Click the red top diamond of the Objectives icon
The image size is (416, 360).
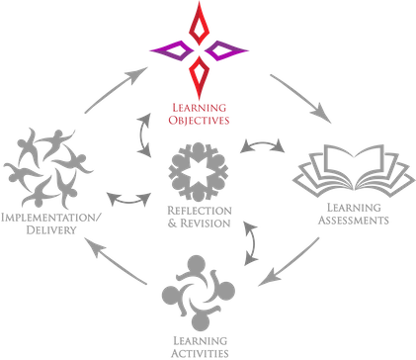coord(203,23)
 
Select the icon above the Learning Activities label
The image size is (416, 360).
coord(200,293)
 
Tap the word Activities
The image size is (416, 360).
coord(201,353)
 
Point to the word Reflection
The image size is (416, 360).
coord(200,211)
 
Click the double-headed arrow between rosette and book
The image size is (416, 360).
coord(264,148)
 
